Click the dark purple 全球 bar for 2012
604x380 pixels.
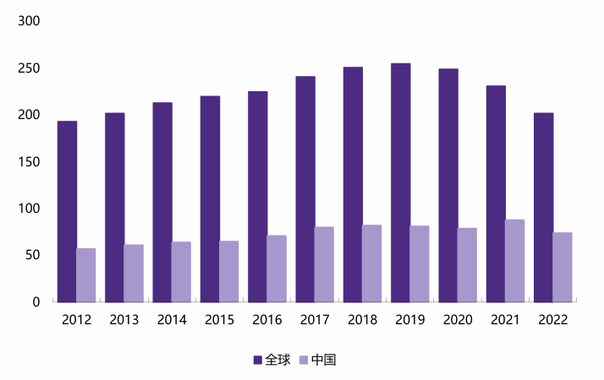coord(67,211)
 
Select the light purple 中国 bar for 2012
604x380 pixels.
coord(86,274)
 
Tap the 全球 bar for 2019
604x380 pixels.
coord(401,182)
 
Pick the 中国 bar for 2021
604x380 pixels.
coord(515,260)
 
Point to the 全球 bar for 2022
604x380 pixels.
coord(544,207)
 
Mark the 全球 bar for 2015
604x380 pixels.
coord(210,198)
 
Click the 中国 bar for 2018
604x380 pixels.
coord(372,263)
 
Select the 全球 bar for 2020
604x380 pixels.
coord(448,185)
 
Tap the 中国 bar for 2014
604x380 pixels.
coord(181,271)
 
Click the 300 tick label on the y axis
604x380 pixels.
coord(29,21)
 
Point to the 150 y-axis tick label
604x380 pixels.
coord(29,161)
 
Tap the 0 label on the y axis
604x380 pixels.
coord(36,301)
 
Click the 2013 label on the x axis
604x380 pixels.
coord(124,319)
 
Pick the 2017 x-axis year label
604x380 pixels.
coord(315,319)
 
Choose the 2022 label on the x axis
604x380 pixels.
coord(553,319)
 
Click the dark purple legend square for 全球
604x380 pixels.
coord(258,360)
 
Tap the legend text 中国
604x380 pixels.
coord(324,360)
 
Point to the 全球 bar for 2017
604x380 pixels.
coord(305,189)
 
